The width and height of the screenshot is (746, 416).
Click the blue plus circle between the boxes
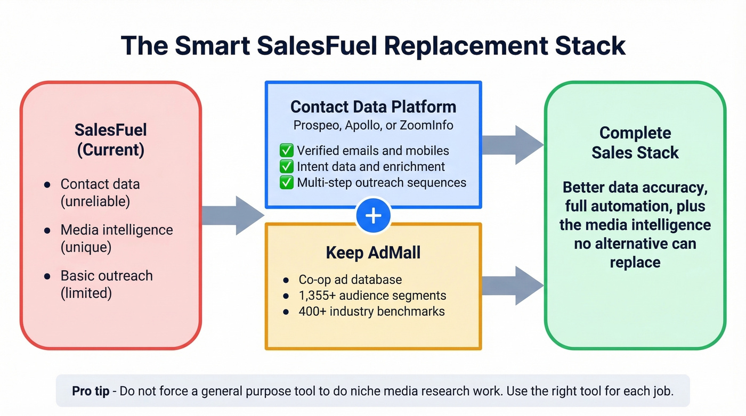point(373,215)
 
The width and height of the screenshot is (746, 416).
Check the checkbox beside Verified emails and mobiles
point(286,151)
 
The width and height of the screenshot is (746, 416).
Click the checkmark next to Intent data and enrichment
point(286,167)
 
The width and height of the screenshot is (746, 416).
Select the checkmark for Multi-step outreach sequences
point(286,183)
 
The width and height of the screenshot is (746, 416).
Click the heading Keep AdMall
point(373,252)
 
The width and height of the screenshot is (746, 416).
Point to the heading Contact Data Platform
point(373,107)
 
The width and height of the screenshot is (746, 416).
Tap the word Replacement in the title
point(466,46)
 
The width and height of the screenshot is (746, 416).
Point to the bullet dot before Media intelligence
point(48,231)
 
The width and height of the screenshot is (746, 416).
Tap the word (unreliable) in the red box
point(95,201)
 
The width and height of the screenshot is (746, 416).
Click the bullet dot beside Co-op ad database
point(287,280)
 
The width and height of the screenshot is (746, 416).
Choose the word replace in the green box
point(635,262)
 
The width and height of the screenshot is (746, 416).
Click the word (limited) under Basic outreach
point(86,293)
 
